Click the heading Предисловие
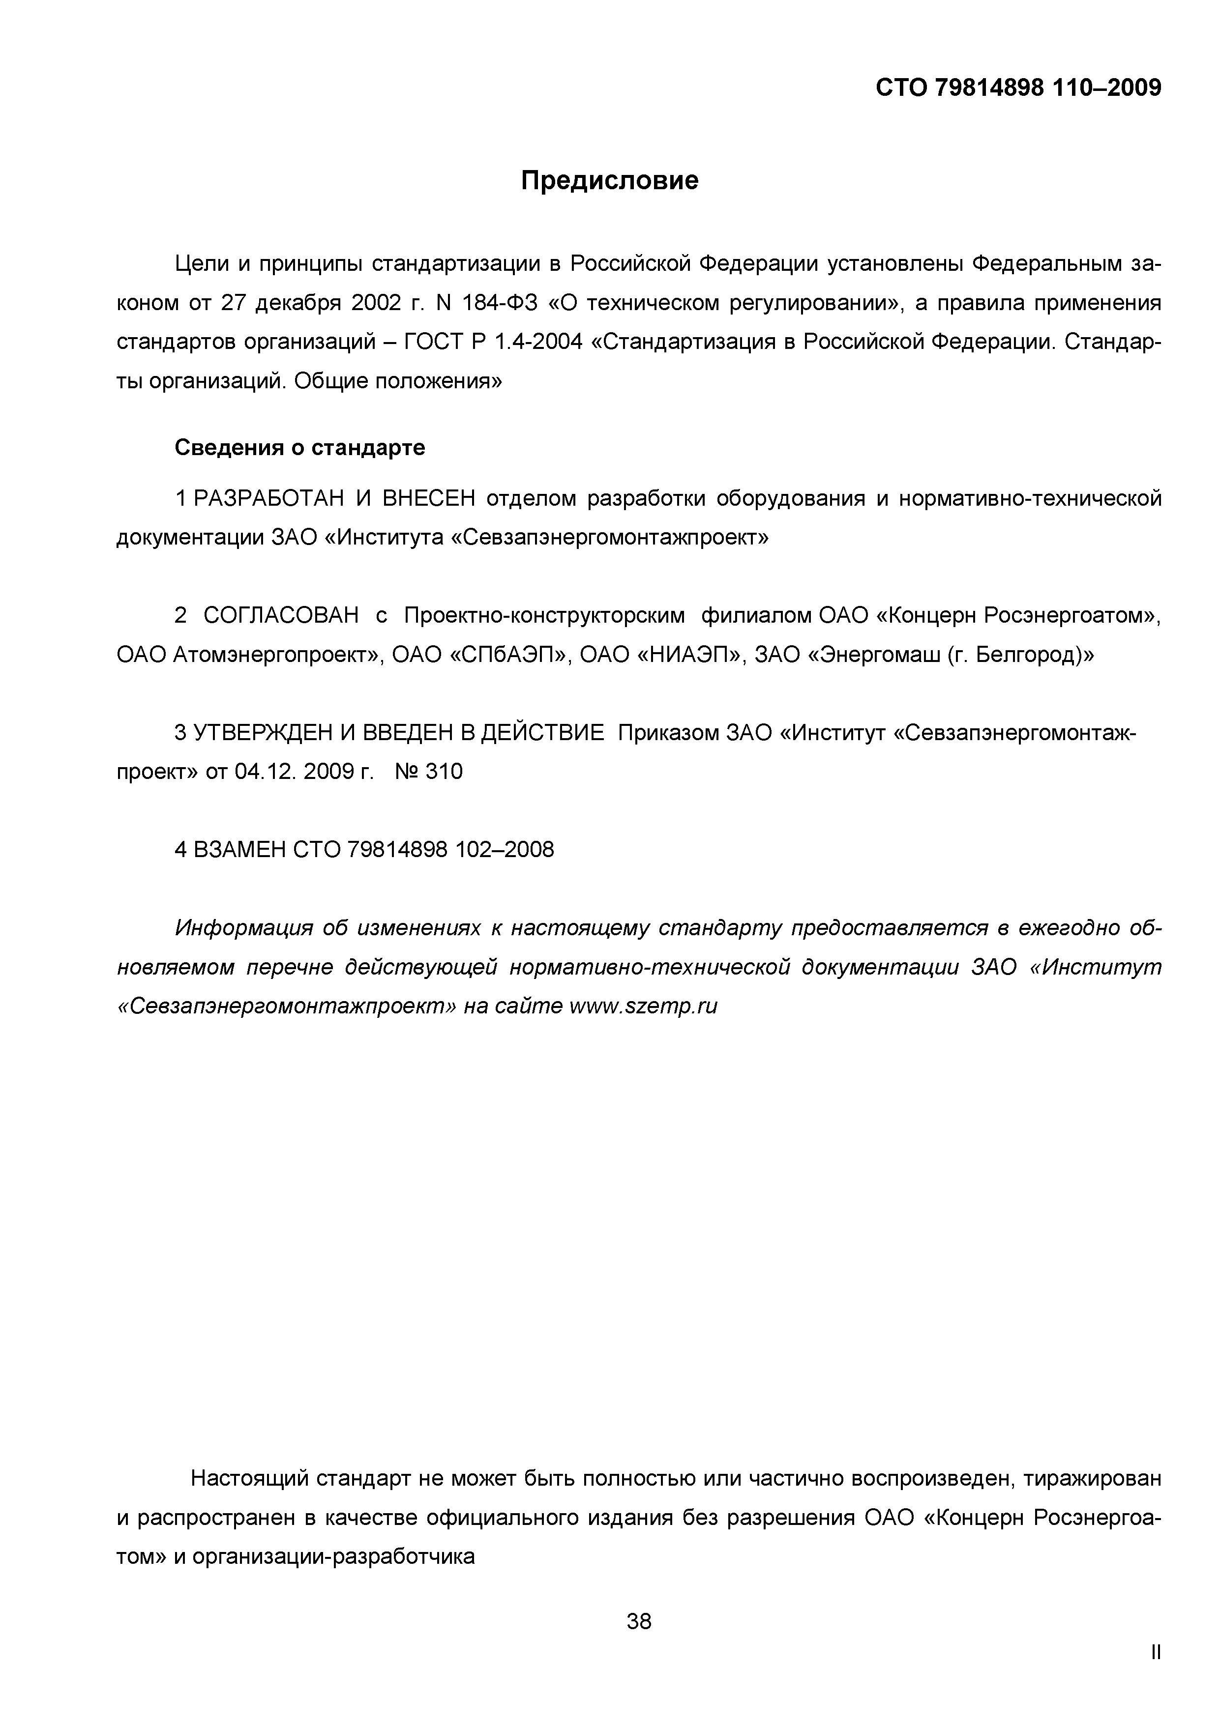pyautogui.click(x=609, y=181)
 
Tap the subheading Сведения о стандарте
pyautogui.click(x=300, y=448)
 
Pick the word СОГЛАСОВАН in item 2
pyautogui.click(x=282, y=616)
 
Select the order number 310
pyautogui.click(x=444, y=772)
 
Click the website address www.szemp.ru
pyautogui.click(x=644, y=1006)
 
